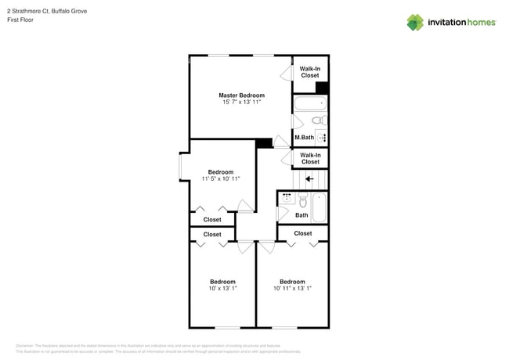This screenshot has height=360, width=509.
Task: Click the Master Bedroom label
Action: pos(240,95)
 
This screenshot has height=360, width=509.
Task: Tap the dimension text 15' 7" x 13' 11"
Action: pos(240,103)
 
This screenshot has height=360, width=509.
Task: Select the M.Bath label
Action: pos(304,138)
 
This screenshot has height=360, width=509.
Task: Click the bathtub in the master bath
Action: pos(309,104)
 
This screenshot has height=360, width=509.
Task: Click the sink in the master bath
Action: pos(321,137)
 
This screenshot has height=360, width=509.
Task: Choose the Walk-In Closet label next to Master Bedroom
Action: pos(309,72)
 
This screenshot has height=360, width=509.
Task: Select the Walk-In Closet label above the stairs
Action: pos(310,158)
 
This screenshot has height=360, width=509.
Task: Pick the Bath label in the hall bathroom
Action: pos(301,215)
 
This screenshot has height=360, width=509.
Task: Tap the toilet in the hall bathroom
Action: pos(302,200)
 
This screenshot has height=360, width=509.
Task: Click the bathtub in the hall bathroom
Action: pos(319,207)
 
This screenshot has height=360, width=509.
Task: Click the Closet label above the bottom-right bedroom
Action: pos(303,233)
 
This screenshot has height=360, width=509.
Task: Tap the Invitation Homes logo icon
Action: pos(415,22)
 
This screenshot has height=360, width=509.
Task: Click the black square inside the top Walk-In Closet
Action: pos(322,88)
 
